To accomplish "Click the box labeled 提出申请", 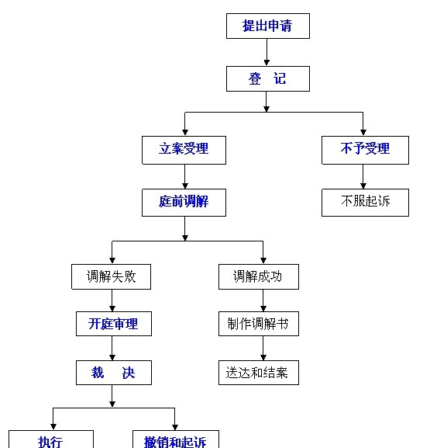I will [x=268, y=26].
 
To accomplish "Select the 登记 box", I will [x=268, y=78].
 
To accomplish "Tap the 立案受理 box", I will [x=184, y=149].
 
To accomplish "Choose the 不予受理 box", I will [x=365, y=149].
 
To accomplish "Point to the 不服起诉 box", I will [x=365, y=202].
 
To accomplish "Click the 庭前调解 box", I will [x=184, y=202].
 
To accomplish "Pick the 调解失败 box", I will [x=112, y=276].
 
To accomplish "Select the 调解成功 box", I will [x=258, y=276].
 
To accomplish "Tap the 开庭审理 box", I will [x=113, y=323].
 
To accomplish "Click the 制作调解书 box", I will [x=258, y=323].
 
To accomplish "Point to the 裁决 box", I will [x=113, y=373].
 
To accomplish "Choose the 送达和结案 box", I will [x=258, y=373].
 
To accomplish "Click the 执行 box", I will [x=51, y=440].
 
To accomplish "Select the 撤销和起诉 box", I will [x=175, y=440].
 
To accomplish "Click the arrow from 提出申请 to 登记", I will [x=268, y=53].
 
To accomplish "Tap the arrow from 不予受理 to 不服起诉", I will [x=363, y=176].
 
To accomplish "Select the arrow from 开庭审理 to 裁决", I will [x=113, y=348].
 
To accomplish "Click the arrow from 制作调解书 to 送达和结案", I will [x=263, y=348].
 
